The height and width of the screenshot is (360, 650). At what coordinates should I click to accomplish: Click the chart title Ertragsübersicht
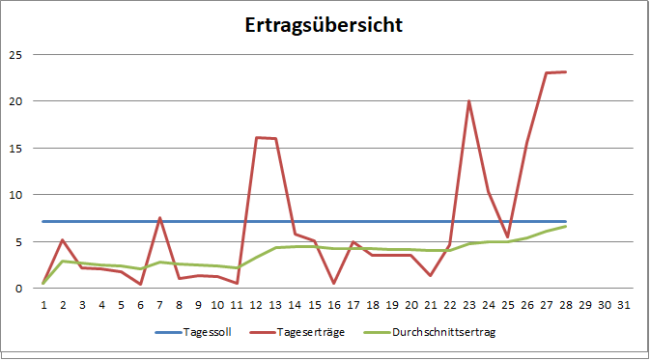(x=323, y=25)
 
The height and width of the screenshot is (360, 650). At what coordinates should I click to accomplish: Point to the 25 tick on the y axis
(x=14, y=54)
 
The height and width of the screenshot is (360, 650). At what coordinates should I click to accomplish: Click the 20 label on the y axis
(x=14, y=101)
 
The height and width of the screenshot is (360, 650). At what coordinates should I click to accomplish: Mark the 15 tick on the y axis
(x=14, y=148)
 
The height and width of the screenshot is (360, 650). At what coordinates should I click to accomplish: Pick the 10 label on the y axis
(x=14, y=195)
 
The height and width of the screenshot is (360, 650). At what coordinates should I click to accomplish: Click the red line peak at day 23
(x=468, y=101)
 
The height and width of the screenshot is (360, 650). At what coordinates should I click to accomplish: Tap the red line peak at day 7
(x=159, y=218)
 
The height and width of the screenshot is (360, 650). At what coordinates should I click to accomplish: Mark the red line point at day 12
(x=256, y=138)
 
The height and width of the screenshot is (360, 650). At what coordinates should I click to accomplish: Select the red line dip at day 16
(x=333, y=283)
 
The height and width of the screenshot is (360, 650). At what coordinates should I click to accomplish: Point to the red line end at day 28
(x=566, y=71)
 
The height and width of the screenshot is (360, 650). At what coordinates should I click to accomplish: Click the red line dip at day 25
(x=508, y=236)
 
